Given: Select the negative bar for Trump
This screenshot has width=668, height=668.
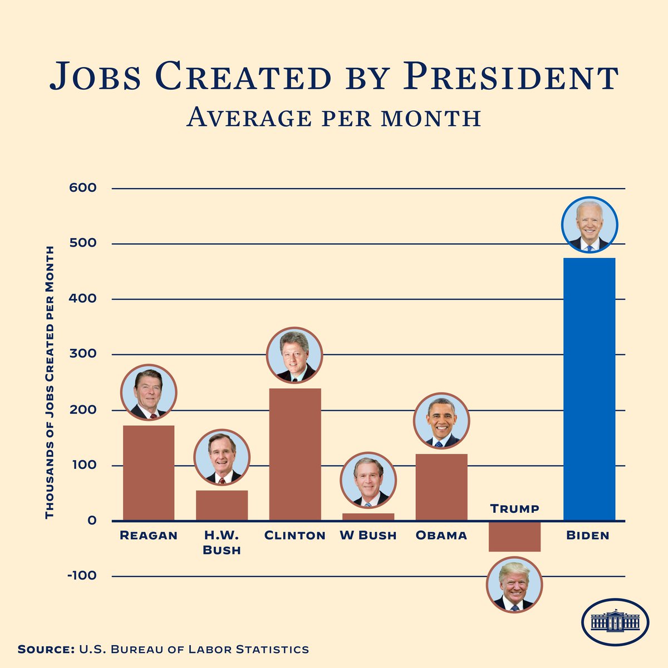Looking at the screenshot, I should (x=514, y=537).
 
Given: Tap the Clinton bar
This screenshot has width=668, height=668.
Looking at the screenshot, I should (x=295, y=454).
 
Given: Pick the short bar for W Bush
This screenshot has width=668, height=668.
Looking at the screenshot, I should (x=368, y=517).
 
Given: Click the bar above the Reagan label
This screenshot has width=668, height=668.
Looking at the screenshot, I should (x=149, y=473).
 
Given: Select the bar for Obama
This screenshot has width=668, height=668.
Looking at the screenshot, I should (x=441, y=487).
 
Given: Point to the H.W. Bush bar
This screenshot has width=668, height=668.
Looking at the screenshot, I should (x=222, y=505).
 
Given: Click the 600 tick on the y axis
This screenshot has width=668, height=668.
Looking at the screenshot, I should (x=83, y=188).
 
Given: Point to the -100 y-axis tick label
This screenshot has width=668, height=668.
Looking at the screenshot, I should (x=82, y=576).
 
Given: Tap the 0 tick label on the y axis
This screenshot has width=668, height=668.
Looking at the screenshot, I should (x=91, y=521).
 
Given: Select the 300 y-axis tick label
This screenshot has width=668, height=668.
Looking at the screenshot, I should (x=83, y=354).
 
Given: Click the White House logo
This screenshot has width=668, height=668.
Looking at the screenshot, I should (x=615, y=622).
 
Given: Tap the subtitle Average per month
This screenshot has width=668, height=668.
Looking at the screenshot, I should (x=333, y=117).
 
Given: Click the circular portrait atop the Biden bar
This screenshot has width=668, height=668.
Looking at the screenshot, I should (x=590, y=225).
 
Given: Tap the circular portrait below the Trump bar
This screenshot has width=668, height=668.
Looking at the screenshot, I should (x=514, y=584).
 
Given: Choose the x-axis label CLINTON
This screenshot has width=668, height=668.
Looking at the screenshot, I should (x=294, y=536).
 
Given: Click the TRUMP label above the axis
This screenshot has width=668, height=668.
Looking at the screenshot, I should (x=514, y=509).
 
